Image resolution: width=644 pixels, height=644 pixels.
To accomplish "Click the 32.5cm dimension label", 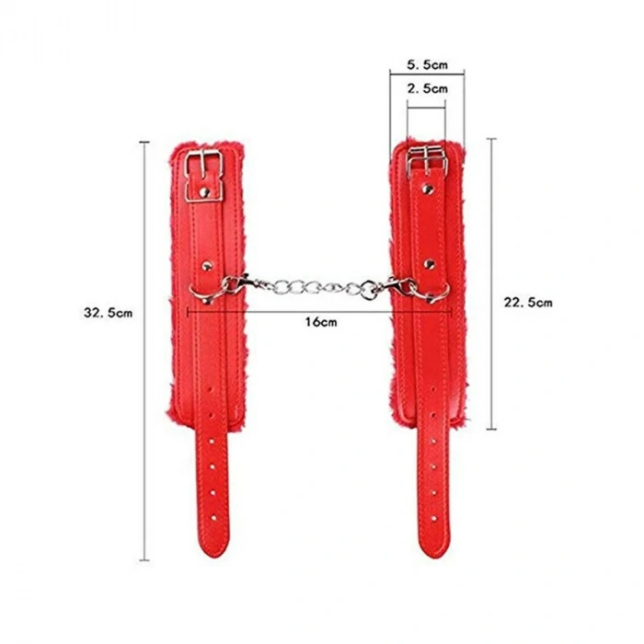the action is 108,313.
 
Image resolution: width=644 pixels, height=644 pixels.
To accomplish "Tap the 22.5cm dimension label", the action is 528,303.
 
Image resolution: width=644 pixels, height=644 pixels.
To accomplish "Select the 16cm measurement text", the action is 321,322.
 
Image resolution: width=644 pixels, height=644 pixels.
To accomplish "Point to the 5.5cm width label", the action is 427,64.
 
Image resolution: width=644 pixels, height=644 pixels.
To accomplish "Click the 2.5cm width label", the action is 427,88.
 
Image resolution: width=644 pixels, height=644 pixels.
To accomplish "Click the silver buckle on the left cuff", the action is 203,176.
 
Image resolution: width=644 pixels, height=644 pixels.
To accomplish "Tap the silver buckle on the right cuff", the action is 427,161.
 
